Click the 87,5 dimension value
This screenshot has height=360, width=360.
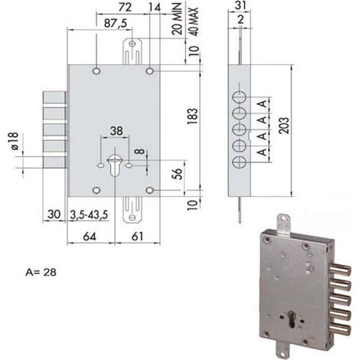pyautogui.click(x=116, y=23)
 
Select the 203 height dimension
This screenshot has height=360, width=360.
pyautogui.click(x=284, y=126)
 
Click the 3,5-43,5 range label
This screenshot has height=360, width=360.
pyautogui.click(x=89, y=215)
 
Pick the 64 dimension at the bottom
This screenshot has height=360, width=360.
pyautogui.click(x=90, y=237)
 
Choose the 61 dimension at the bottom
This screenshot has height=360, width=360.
pyautogui.click(x=137, y=237)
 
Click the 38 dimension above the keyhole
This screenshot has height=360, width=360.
pyautogui.click(x=116, y=131)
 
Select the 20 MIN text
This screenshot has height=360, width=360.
pyautogui.click(x=177, y=19)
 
